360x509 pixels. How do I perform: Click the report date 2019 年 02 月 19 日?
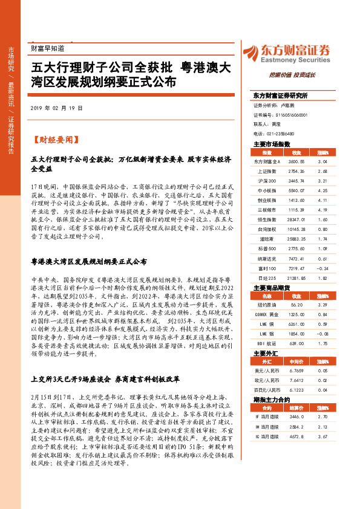click(56, 108)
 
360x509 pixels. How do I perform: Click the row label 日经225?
click(267, 276)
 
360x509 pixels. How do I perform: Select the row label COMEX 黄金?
click(267, 315)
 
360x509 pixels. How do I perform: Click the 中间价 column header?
click(296, 361)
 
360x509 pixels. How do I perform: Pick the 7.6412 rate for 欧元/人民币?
click(296, 380)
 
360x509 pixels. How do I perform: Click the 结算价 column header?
click(296, 407)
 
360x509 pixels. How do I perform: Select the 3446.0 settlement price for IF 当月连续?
click(296, 417)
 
